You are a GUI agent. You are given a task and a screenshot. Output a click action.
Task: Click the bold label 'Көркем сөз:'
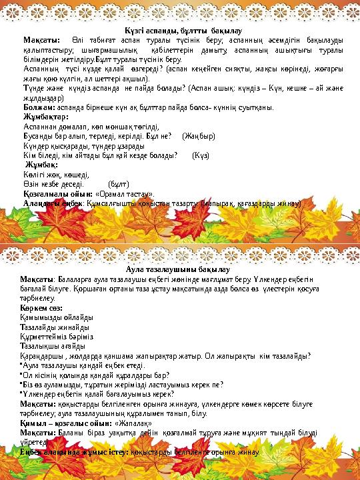click(x=41, y=307)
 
